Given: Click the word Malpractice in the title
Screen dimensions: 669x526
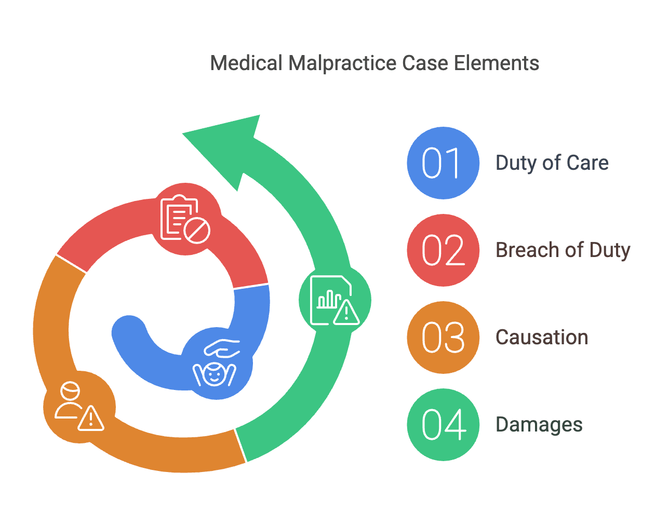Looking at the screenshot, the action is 343,63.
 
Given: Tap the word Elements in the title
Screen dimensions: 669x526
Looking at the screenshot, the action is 497,63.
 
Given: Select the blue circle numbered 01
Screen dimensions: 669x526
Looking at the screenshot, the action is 443,163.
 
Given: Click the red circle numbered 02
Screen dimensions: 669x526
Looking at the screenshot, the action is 443,250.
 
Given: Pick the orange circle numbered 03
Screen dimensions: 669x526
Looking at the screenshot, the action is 443,338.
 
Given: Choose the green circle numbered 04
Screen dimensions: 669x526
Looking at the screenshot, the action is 443,425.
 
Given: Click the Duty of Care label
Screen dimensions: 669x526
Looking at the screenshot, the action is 552,163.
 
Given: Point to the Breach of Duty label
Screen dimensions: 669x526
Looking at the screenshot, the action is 563,250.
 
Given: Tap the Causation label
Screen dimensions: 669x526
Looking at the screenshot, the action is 542,338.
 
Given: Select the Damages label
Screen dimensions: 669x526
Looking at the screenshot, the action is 539,425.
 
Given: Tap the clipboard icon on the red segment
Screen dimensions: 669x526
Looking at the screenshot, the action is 179,218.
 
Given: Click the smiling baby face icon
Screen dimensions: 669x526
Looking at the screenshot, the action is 214,374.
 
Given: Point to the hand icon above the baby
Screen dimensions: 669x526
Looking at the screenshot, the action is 222,348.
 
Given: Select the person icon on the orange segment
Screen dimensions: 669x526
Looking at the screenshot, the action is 69,400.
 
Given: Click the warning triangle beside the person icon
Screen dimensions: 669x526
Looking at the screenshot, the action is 91,419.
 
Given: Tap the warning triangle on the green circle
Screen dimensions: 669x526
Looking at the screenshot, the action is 346,313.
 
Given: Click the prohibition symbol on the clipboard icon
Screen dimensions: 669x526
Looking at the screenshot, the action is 197,231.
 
